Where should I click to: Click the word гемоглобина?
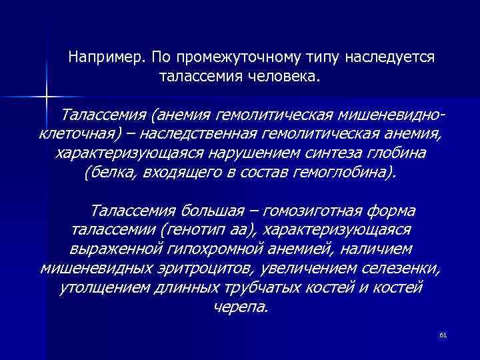click(343, 173)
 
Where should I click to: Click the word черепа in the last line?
click(241, 308)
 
